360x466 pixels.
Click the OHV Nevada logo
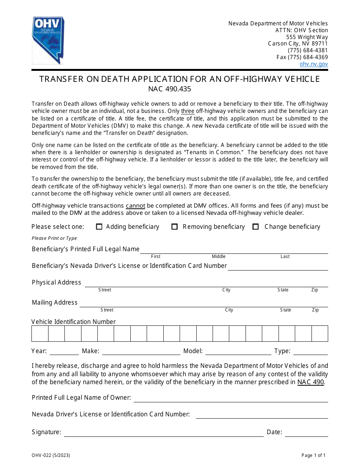tap(48, 40)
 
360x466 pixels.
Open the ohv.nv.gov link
tap(313, 64)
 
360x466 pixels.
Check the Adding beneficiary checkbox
tap(99, 227)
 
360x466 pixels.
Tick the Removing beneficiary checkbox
tap(175, 227)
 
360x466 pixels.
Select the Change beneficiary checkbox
tap(256, 227)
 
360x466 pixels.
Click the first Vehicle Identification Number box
tap(40, 334)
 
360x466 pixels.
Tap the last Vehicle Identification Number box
tap(319, 334)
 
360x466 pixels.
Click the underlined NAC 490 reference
tap(310, 382)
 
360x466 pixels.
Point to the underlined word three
tap(188, 111)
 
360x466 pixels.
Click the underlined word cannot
tap(135, 206)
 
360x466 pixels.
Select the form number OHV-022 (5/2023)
tap(51, 456)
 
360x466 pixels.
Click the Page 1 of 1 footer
tap(313, 456)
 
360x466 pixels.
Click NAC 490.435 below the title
tap(169, 89)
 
